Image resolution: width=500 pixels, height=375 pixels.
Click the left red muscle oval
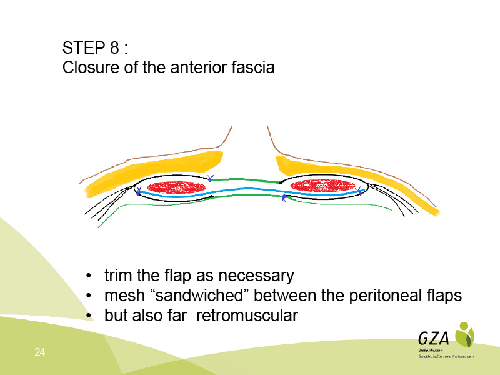click(x=176, y=187)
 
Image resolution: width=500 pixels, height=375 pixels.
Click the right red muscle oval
click(x=322, y=186)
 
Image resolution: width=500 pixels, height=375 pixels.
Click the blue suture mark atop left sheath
click(x=210, y=178)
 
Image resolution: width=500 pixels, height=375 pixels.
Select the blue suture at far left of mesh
click(x=138, y=191)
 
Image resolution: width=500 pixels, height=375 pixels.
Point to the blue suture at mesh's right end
click(x=359, y=191)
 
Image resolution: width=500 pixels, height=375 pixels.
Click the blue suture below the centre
click(x=284, y=198)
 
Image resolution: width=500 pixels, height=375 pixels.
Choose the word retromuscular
click(x=247, y=316)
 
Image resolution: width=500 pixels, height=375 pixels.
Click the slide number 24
click(x=40, y=352)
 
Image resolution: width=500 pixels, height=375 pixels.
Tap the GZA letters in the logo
click(x=433, y=338)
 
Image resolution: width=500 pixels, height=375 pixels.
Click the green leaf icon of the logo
click(x=464, y=334)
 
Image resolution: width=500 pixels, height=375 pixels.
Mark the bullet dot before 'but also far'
click(x=89, y=316)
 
